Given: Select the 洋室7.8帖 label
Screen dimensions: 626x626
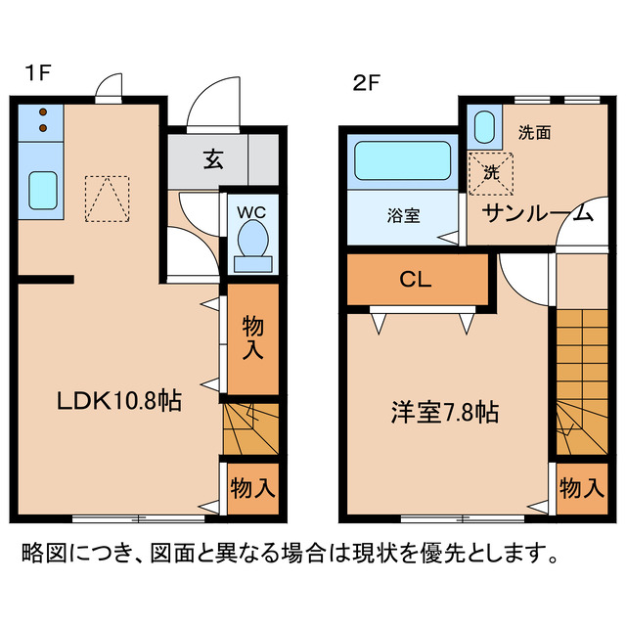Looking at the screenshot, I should tap(441, 412).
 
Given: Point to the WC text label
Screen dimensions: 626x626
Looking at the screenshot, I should tap(252, 210).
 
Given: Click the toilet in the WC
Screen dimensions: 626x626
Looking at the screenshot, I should tap(252, 243).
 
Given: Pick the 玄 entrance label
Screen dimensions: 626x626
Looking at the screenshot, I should tap(212, 159).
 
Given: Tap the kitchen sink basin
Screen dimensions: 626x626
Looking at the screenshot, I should tap(41, 189).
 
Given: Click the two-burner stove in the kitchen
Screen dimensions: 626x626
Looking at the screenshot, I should tap(41, 120).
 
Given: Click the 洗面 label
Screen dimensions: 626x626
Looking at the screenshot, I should tap(534, 133).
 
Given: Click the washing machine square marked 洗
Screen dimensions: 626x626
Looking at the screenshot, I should tap(488, 171).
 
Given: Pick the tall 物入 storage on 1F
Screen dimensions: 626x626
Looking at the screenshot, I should tap(252, 337).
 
